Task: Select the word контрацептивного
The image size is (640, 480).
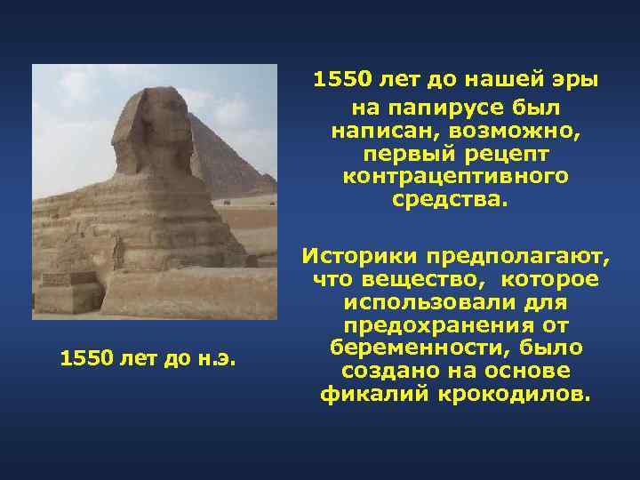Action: (x=456, y=177)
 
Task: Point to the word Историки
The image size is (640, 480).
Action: (x=360, y=257)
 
